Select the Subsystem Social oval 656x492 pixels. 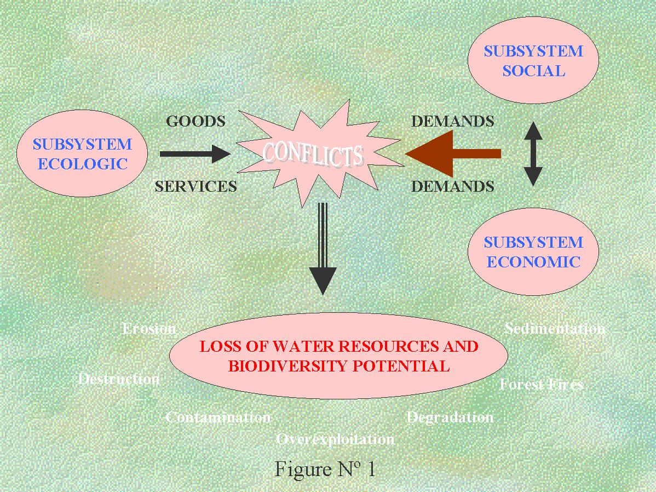tap(533, 61)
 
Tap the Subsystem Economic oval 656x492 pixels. tap(533, 252)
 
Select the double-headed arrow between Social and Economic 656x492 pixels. tap(533, 154)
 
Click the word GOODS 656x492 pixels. tap(195, 121)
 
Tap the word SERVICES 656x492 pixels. tap(195, 187)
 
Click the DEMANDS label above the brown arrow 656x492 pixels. tap(453, 121)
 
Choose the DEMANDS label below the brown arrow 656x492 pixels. tap(453, 187)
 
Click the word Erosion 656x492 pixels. tap(149, 329)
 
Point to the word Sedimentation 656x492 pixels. tap(555, 329)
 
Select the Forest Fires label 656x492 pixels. tap(541, 385)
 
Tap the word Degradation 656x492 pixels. tap(450, 417)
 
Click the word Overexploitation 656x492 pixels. tap(335, 439)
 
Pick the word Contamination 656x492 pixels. tap(218, 417)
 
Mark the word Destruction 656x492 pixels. tap(119, 379)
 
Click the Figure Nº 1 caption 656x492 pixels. tap(325, 470)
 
